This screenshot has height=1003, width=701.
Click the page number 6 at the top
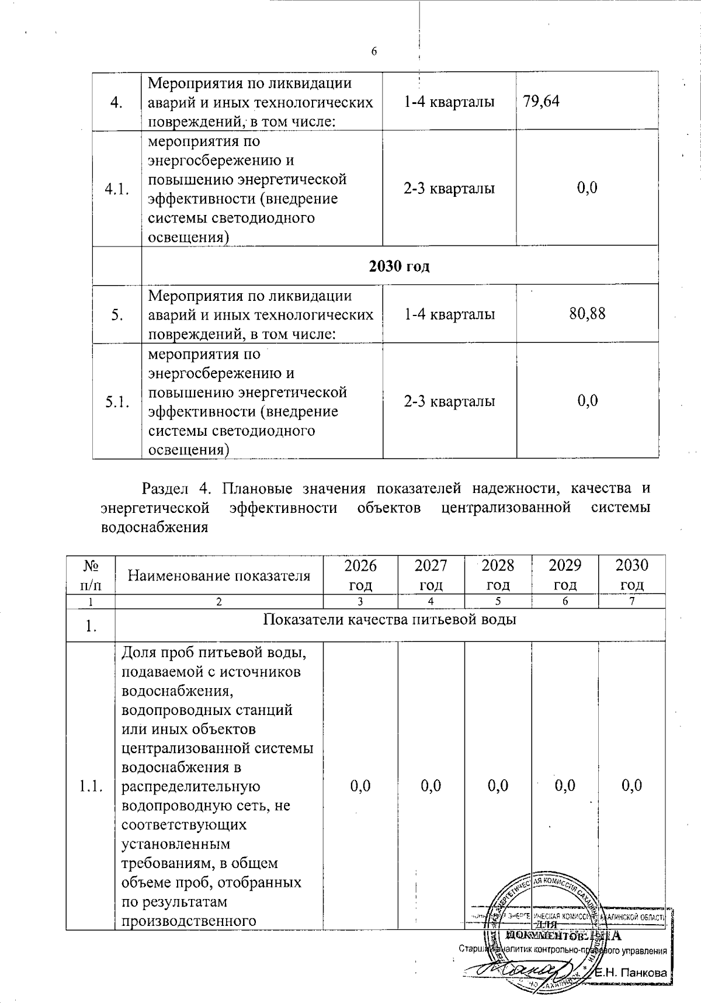coord(374,51)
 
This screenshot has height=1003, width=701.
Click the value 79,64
coord(542,102)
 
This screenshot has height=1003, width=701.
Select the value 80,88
coord(587,314)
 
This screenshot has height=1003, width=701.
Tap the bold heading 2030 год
coord(400,266)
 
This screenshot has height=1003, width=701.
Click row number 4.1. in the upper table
coord(117,189)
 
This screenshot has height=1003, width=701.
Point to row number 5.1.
coord(117,402)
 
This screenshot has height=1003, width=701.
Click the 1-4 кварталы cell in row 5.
coord(449,314)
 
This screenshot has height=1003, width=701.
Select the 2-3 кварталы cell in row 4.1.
coord(449,189)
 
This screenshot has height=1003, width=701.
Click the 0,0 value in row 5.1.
coord(587,401)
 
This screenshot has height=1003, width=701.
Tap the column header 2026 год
coord(360,575)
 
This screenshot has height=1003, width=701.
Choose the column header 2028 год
coord(498,575)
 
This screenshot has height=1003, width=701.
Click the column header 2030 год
coord(632,575)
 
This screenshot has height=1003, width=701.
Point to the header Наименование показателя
coord(219,576)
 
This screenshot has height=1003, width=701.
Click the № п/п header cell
coord(91,575)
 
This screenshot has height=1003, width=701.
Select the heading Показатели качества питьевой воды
coord(390,620)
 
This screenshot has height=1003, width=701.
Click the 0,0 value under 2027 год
coord(431,786)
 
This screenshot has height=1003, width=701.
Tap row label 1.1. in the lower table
coord(91,786)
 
